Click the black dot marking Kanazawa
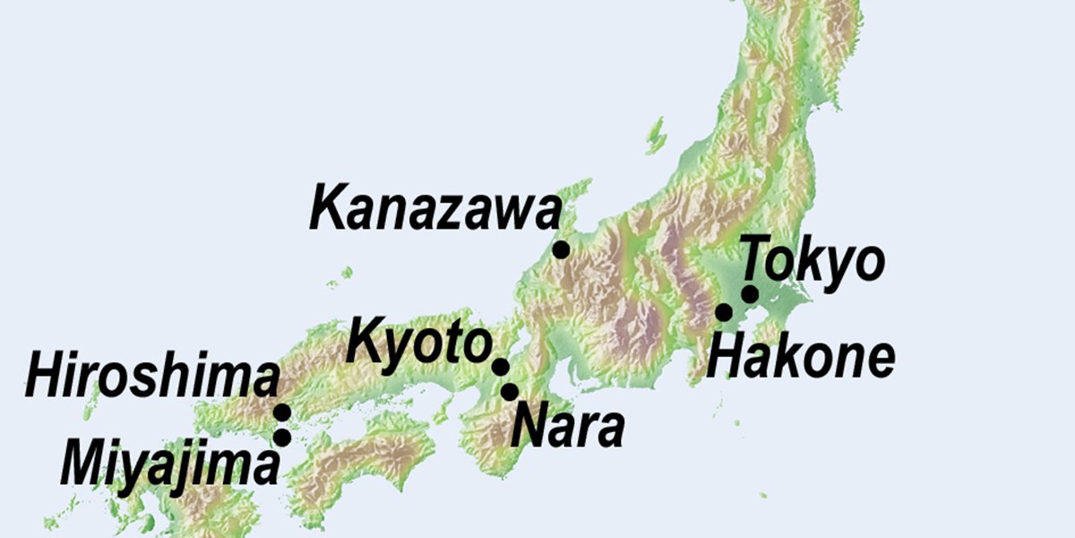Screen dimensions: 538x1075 click(x=561, y=249)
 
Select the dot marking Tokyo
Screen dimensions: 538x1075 click(x=750, y=294)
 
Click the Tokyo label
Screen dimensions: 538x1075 click(x=813, y=261)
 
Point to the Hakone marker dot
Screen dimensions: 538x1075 click(x=724, y=312)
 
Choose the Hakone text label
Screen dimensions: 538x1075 click(x=800, y=357)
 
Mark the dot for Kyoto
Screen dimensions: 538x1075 click(x=501, y=367)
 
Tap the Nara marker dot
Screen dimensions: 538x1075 click(x=510, y=392)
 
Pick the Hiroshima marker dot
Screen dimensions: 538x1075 click(x=282, y=412)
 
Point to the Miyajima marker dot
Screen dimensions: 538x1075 click(x=282, y=438)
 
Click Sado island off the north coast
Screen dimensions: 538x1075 click(x=657, y=134)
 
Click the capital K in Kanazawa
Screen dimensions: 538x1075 click(x=330, y=208)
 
